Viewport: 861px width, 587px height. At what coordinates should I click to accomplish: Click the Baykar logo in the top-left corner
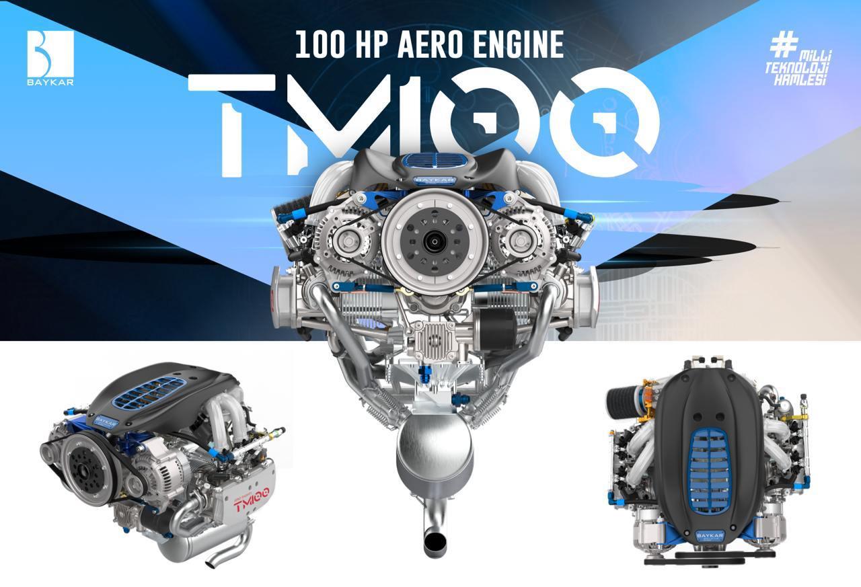point(50,58)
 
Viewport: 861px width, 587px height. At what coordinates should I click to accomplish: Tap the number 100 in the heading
point(320,45)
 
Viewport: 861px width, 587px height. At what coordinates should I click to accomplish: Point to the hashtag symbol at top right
point(784,44)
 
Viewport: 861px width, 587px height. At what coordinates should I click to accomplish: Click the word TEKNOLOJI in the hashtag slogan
point(796,69)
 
